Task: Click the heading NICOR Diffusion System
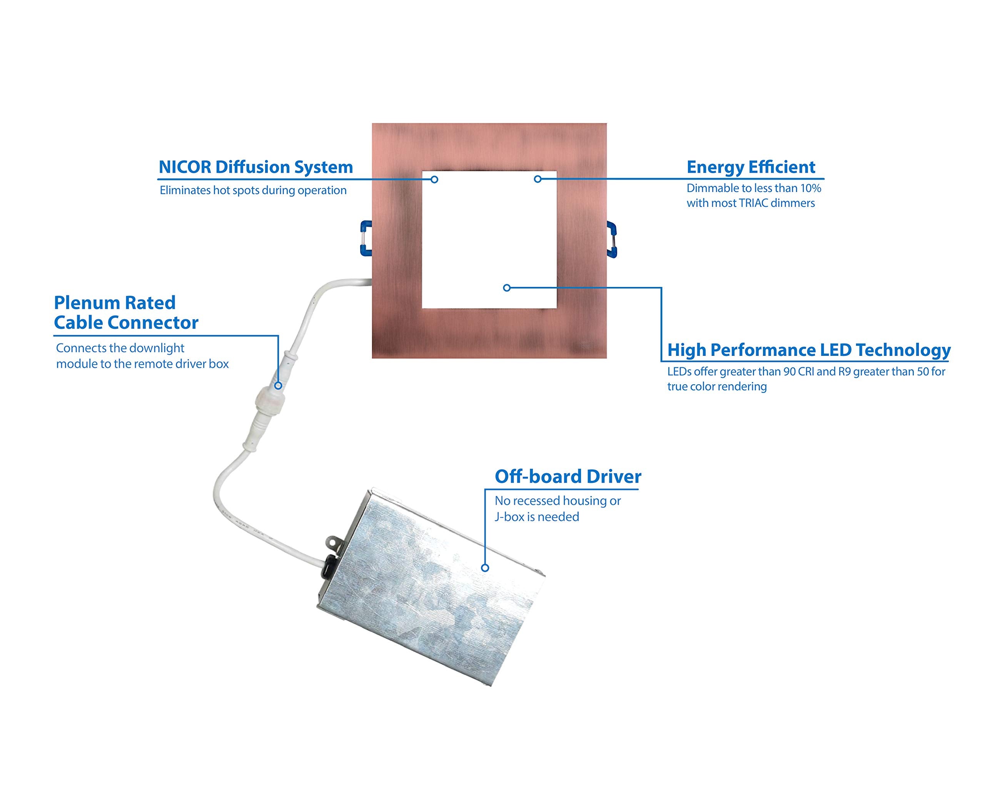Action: click(255, 167)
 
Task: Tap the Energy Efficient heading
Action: click(750, 167)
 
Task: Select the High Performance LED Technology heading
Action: click(808, 350)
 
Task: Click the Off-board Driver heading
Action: click(568, 477)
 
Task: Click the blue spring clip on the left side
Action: click(366, 238)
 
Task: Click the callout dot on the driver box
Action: click(485, 568)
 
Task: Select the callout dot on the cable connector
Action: click(278, 385)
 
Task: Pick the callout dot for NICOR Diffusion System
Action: click(434, 179)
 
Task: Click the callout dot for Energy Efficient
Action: click(537, 179)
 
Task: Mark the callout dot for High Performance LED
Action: click(506, 288)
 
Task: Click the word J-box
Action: click(509, 517)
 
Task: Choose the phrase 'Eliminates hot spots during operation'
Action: click(253, 190)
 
